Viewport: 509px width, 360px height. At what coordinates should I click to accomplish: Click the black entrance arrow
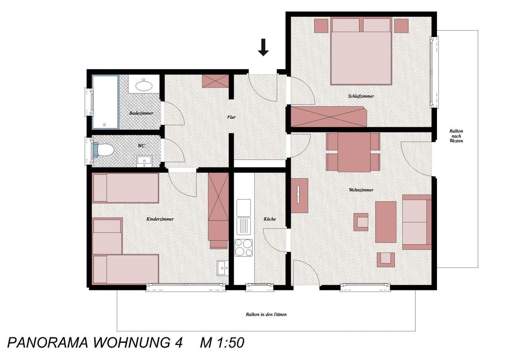(x=263, y=47)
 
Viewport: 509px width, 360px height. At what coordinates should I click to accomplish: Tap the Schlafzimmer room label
(x=361, y=96)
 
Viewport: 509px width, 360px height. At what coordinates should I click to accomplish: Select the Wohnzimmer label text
(x=361, y=190)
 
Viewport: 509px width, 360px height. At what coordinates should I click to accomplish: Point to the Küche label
(x=270, y=219)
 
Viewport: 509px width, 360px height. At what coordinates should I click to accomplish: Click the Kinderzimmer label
(x=160, y=219)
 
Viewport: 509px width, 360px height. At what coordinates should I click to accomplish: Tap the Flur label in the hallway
(x=231, y=117)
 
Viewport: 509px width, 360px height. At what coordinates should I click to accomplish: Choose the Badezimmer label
(x=141, y=113)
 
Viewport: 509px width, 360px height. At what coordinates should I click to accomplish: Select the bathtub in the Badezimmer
(x=105, y=102)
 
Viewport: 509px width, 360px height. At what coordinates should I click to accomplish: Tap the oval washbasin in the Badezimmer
(x=144, y=86)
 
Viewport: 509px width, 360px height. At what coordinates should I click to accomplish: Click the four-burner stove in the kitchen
(x=244, y=247)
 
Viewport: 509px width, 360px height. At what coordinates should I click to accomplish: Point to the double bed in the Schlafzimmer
(x=361, y=51)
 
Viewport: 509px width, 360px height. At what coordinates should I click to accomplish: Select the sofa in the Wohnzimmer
(x=417, y=222)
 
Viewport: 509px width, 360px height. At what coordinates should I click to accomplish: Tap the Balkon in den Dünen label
(x=266, y=315)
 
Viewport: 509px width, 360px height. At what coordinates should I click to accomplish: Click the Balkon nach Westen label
(x=456, y=136)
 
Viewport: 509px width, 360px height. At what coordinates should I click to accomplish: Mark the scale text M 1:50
(x=222, y=343)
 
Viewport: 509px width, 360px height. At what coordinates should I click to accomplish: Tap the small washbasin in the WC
(x=144, y=161)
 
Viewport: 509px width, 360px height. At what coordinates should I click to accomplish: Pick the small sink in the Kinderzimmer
(x=223, y=268)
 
